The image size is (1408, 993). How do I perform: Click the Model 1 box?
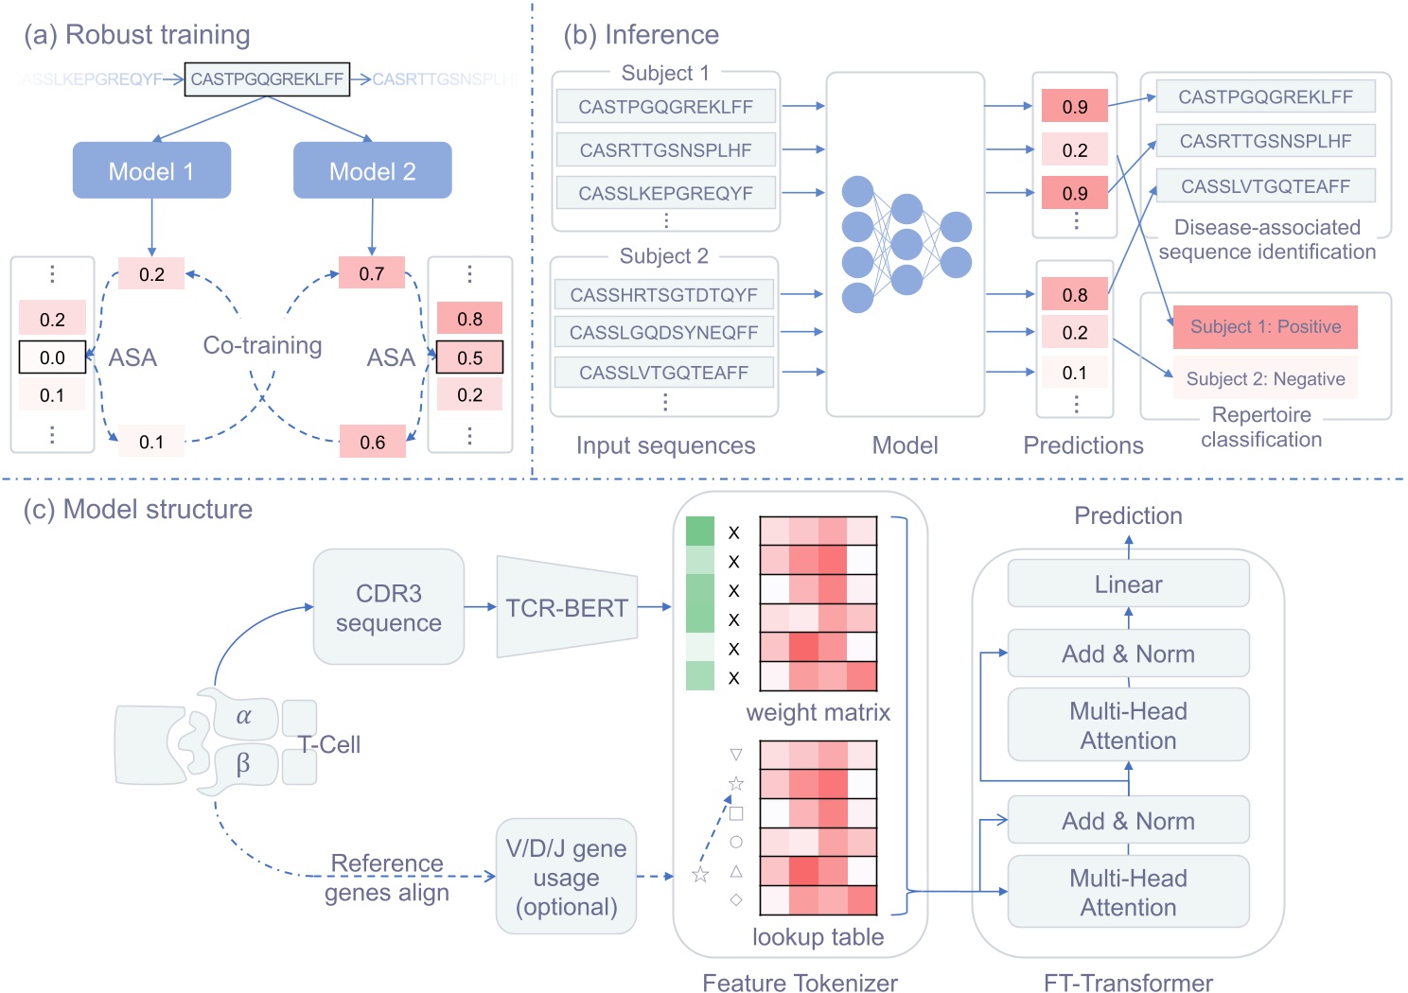click(x=151, y=170)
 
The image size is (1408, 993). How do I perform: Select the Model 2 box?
click(x=372, y=170)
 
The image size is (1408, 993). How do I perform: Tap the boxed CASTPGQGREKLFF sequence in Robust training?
click(x=267, y=79)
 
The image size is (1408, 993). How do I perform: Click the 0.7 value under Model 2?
click(x=372, y=273)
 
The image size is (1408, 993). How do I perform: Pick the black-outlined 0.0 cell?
click(x=53, y=357)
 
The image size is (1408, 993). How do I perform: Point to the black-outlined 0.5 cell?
click(x=469, y=357)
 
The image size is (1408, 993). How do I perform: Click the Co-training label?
click(x=262, y=345)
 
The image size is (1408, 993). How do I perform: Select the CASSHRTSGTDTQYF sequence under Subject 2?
click(x=663, y=295)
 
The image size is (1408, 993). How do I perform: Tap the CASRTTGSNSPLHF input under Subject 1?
click(x=665, y=150)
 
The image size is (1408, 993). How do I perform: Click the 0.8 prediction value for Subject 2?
click(x=1074, y=295)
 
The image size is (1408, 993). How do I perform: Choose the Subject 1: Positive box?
click(x=1265, y=327)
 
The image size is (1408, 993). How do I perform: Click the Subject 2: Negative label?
click(x=1265, y=378)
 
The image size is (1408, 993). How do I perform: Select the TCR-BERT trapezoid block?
click(x=566, y=607)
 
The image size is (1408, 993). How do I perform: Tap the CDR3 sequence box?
click(x=388, y=607)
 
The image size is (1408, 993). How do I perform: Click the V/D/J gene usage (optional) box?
click(x=566, y=877)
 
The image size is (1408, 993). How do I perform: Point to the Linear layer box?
click(x=1128, y=584)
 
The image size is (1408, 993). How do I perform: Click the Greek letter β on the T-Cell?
click(x=243, y=763)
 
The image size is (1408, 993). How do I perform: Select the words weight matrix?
click(x=818, y=712)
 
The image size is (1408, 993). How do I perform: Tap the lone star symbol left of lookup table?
click(x=700, y=875)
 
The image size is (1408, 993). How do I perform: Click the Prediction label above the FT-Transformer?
click(x=1128, y=515)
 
